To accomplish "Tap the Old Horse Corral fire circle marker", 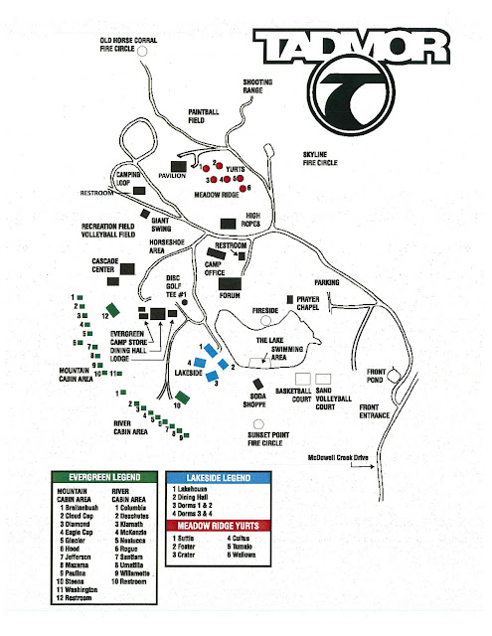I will [x=142, y=49].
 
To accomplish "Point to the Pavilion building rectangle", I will [x=180, y=165].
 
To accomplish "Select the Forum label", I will [x=232, y=294].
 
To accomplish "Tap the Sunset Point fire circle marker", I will [x=255, y=434].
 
